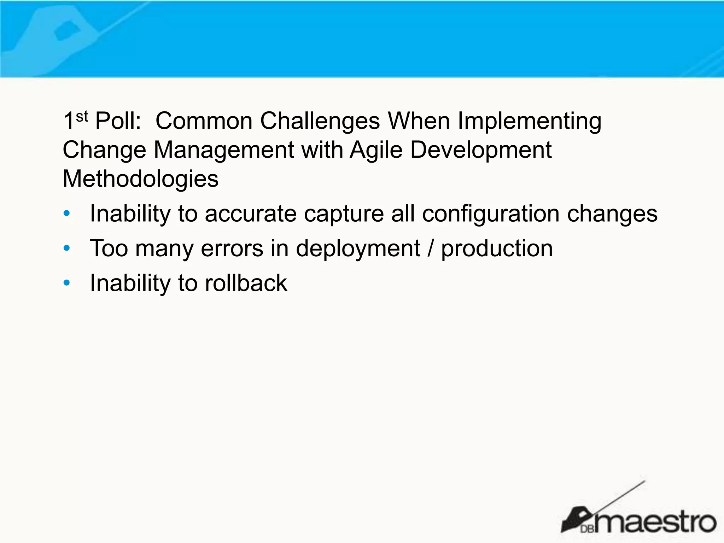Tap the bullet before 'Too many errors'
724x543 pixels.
pyautogui.click(x=66, y=249)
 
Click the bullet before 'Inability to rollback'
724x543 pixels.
pyautogui.click(x=66, y=283)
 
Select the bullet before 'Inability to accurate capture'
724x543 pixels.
pyautogui.click(x=66, y=214)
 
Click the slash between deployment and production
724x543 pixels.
pyautogui.click(x=430, y=248)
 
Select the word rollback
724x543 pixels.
pyautogui.click(x=246, y=283)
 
